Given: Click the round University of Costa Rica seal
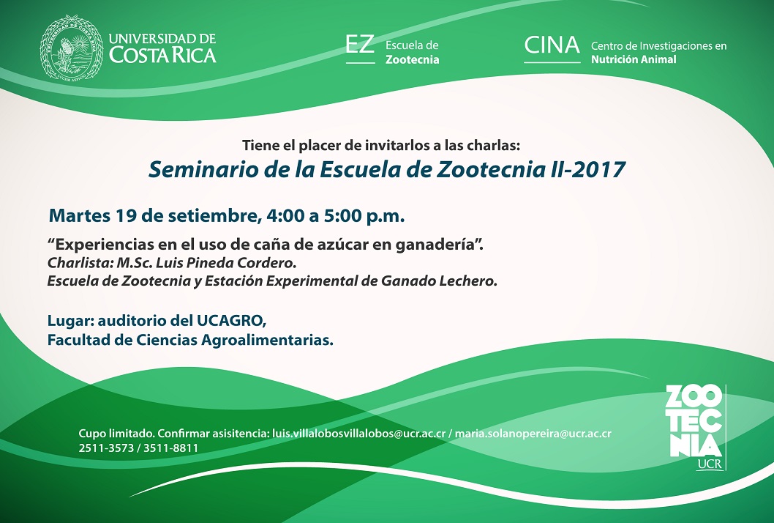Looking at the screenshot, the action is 72,48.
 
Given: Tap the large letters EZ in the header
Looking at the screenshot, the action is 360,45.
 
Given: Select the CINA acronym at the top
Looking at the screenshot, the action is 552,45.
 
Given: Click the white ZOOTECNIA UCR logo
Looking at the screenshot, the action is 696,427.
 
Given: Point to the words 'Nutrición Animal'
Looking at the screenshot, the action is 634,59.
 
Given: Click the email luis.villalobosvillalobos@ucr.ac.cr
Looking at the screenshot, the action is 358,434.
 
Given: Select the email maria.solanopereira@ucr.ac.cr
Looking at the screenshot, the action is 533,434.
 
